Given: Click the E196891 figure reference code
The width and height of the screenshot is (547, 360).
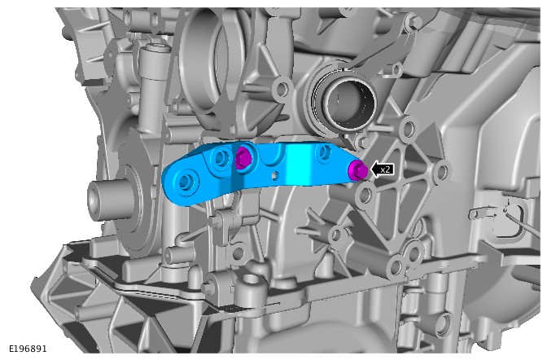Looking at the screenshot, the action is coord(28,349).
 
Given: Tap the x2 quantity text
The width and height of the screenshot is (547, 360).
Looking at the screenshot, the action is coord(385,170).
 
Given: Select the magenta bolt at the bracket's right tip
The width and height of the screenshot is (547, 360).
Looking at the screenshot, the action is coord(357,171).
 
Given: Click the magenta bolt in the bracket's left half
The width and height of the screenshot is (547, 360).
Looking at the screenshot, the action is coord(243,157).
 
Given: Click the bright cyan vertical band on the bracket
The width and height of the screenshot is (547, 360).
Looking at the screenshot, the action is coord(298,164).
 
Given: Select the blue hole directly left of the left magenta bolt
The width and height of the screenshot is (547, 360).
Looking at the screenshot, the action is coord(220,158).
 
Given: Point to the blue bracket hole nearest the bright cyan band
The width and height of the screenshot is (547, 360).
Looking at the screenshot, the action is coord(323,151).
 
